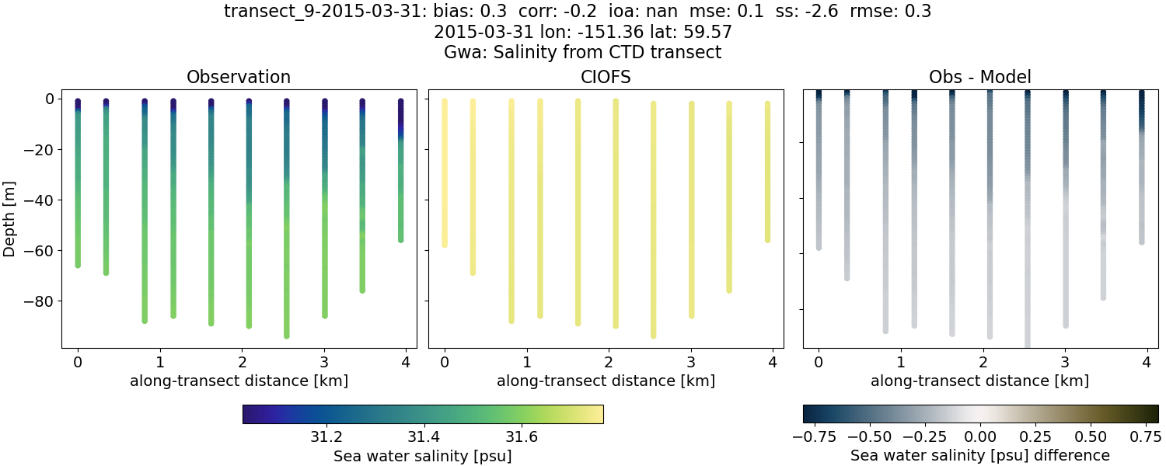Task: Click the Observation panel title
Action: [x=239, y=78]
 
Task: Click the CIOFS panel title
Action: [x=606, y=78]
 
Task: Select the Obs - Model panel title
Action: [x=979, y=78]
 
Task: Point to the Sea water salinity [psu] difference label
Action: [x=979, y=455]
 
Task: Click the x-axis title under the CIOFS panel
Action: [x=606, y=381]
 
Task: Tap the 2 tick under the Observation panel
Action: [x=241, y=362]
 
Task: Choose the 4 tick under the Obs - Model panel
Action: [x=1147, y=362]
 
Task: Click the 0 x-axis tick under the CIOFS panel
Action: [x=444, y=362]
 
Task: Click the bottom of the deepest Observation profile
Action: [x=287, y=336]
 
